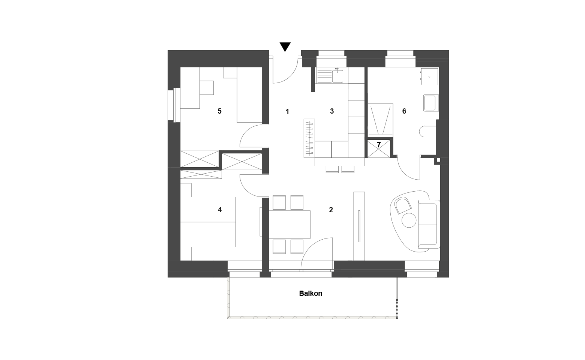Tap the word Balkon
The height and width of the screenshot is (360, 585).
310,293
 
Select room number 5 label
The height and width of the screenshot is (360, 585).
219,111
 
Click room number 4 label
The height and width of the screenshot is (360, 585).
220,210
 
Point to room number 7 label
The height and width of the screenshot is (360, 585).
379,145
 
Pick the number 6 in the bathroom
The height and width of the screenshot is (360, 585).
404,111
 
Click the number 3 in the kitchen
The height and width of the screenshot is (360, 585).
331,111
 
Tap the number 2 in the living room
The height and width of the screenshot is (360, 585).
331,210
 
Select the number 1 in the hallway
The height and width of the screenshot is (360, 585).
287,111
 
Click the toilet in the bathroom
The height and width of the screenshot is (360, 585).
427,132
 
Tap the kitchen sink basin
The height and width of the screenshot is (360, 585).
337,76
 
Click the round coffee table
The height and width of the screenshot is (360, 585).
409,220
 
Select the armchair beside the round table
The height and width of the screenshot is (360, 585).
403,205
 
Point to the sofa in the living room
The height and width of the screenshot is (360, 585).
429,224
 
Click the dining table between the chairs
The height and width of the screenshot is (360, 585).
289,224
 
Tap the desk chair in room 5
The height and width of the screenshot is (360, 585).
207,87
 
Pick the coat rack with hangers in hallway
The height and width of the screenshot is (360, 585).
309,138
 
